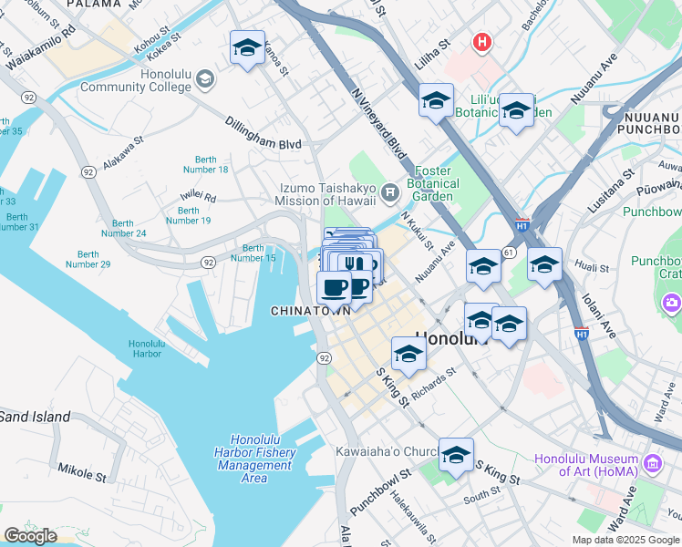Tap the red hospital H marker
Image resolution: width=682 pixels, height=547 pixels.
[481, 42]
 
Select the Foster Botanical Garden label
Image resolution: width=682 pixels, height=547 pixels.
[433, 183]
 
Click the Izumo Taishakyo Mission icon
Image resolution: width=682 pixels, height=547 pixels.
[390, 191]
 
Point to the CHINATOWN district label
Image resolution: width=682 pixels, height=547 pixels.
[311, 311]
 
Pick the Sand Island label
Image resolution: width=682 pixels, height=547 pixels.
[35, 417]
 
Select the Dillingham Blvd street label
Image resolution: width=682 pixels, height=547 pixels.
[263, 133]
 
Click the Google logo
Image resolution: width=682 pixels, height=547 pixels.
[30, 536]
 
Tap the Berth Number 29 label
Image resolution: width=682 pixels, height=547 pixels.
[88, 259]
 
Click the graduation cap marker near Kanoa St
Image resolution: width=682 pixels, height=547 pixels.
[247, 48]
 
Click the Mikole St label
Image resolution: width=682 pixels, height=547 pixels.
[83, 475]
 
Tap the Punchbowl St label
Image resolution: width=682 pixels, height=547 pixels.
[375, 492]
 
